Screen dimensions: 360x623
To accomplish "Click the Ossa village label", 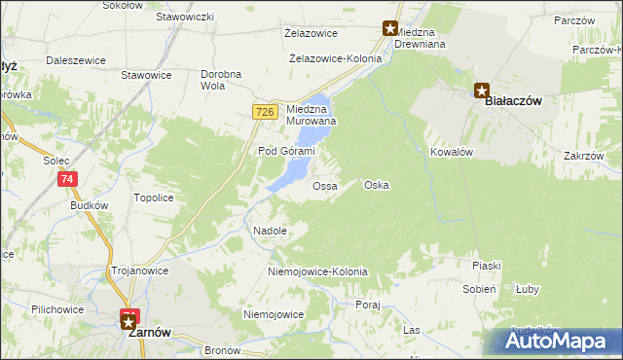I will tap(324, 185).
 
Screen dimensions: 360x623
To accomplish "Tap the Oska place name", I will tap(376, 185).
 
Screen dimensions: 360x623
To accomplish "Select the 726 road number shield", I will tap(264, 113).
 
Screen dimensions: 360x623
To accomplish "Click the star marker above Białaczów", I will tap(482, 90).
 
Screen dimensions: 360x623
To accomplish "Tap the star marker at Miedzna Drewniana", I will tap(390, 29).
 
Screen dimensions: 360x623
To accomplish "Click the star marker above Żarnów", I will tap(128, 319).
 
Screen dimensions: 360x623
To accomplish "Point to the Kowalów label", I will tap(451, 153).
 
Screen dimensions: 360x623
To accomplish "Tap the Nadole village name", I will tap(270, 232).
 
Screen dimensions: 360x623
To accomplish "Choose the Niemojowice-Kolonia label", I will tap(317, 271).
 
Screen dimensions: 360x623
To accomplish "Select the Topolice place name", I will tap(153, 198).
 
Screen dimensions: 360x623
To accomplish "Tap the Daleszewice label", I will tap(75, 60).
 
